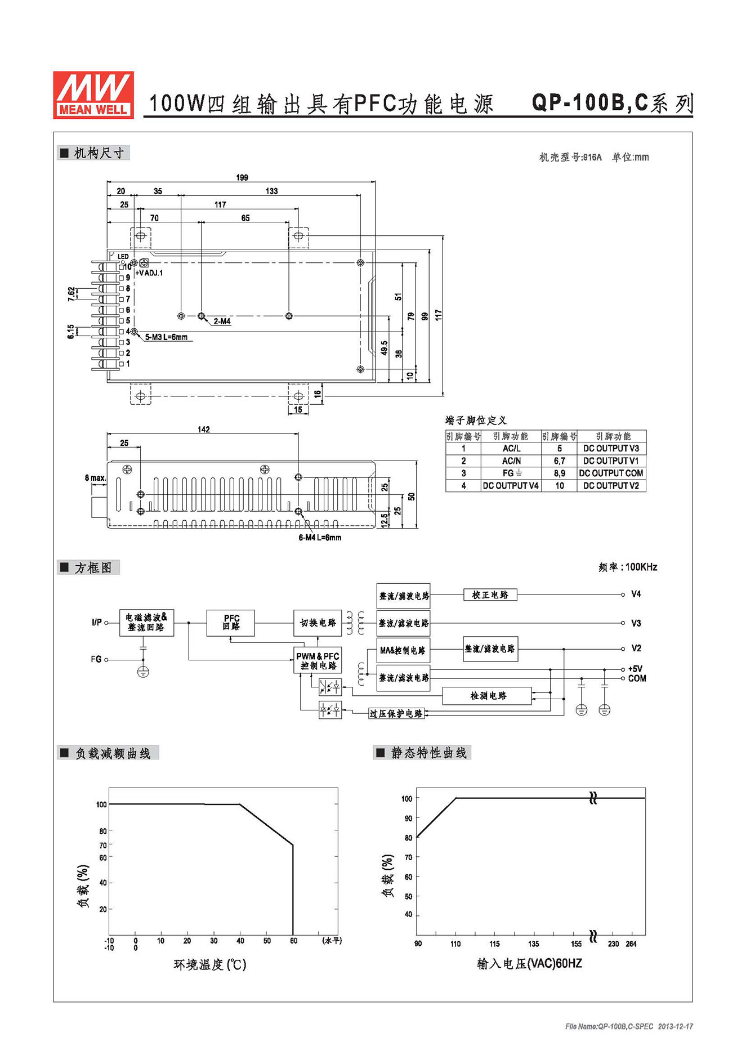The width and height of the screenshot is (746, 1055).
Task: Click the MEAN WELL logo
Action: (93, 95)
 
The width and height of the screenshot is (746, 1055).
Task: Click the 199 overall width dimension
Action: (242, 177)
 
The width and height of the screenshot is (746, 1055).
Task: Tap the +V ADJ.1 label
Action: (149, 273)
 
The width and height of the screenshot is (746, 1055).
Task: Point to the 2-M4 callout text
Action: (222, 321)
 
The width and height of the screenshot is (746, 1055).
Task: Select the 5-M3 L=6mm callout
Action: (166, 337)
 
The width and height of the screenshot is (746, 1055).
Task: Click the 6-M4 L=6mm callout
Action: (319, 538)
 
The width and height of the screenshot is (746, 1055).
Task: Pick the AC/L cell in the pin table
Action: (511, 449)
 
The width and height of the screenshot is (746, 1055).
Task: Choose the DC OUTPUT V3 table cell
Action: (611, 449)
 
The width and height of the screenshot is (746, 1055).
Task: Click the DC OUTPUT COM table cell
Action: (611, 473)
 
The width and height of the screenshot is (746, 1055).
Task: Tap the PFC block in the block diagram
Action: (231, 623)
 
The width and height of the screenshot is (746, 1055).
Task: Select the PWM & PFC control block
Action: (318, 661)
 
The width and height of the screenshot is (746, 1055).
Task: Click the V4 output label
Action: (636, 594)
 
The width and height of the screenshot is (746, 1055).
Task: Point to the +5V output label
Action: (635, 669)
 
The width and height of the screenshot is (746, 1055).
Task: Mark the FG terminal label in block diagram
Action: (96, 659)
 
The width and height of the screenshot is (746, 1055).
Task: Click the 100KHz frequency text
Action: (641, 567)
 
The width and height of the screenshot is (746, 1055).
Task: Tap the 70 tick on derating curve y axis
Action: (103, 845)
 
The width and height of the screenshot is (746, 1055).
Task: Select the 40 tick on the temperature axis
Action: (240, 941)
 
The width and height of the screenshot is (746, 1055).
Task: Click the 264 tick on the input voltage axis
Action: (631, 944)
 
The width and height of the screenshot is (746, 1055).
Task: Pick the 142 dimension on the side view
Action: (203, 430)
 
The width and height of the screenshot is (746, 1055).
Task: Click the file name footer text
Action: (629, 1026)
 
